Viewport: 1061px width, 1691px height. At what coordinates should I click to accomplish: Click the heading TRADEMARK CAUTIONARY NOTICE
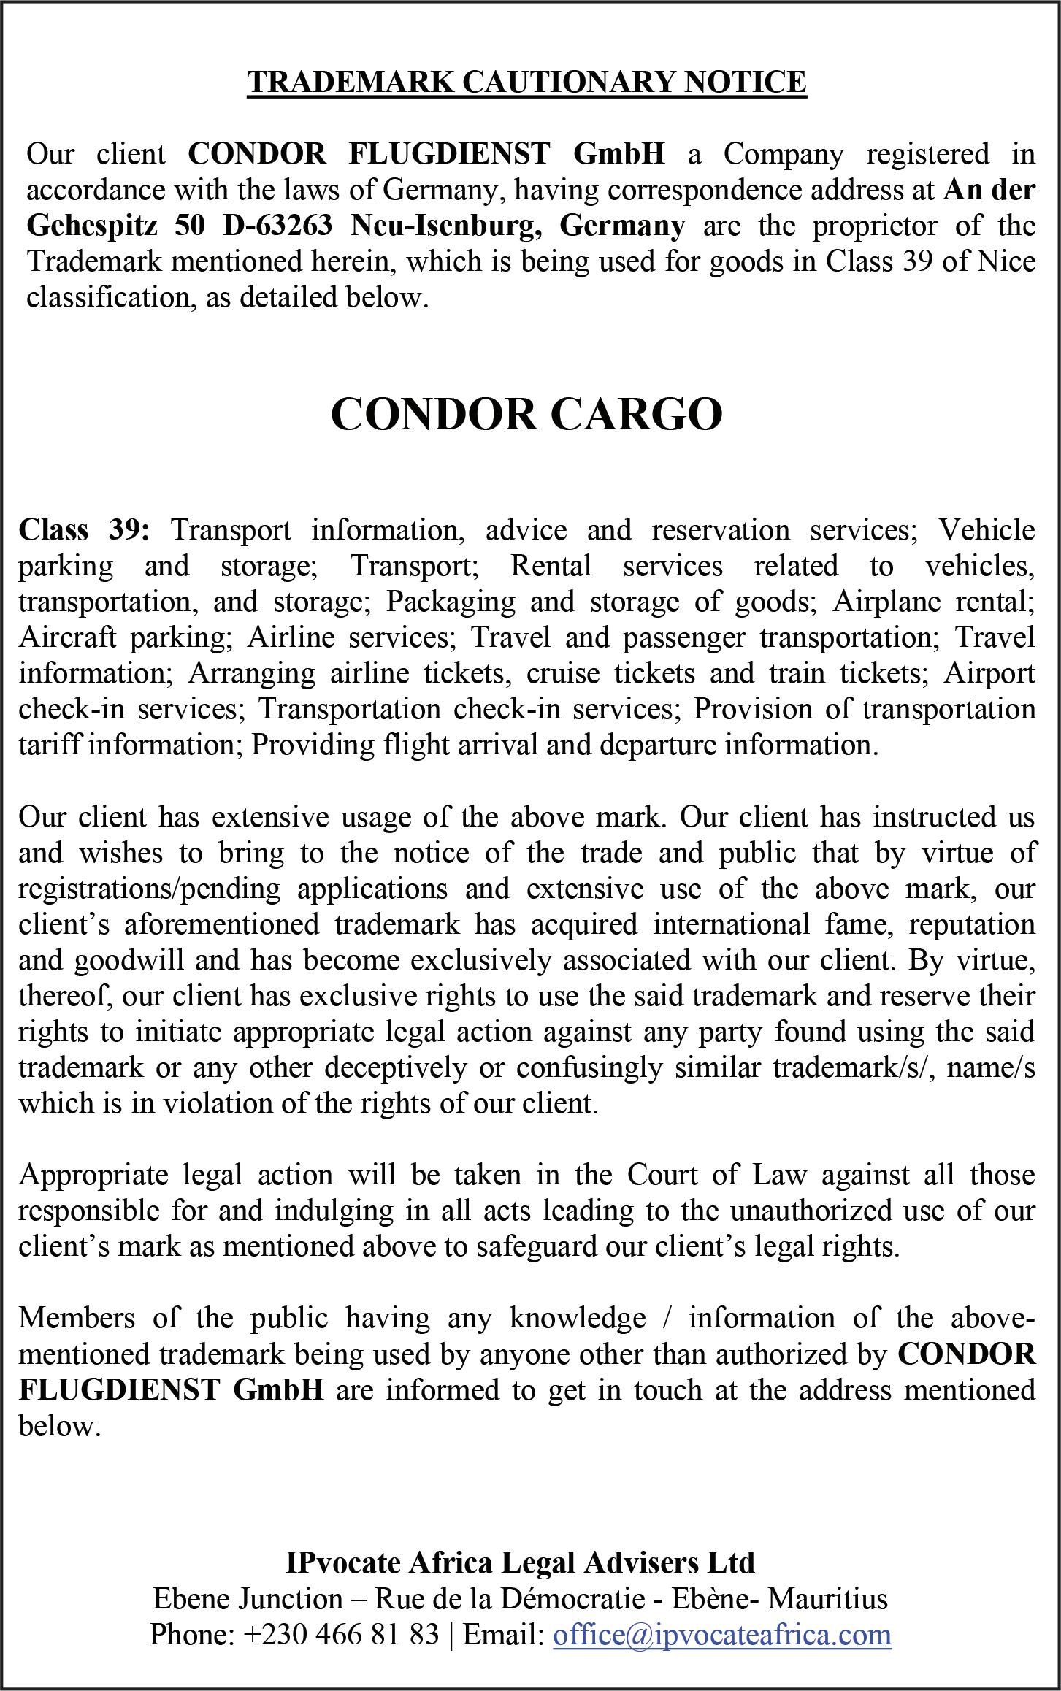tap(526, 83)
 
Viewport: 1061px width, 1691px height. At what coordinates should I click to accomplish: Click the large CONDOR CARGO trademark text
tap(526, 414)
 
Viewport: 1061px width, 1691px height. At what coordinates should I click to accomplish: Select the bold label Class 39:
tap(84, 529)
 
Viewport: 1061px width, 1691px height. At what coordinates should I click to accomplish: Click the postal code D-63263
tap(278, 226)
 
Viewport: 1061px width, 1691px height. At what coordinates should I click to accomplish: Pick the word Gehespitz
tap(91, 226)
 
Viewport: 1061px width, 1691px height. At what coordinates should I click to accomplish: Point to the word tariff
tap(50, 745)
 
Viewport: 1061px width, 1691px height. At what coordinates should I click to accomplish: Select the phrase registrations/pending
tap(149, 889)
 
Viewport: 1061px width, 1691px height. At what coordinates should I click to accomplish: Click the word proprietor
tap(876, 226)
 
